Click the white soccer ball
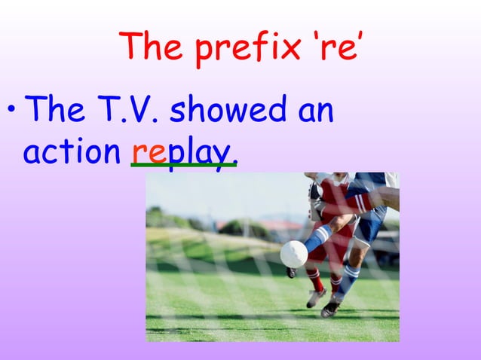click(293, 254)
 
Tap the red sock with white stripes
click(315, 280)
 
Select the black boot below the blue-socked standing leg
click(329, 309)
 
